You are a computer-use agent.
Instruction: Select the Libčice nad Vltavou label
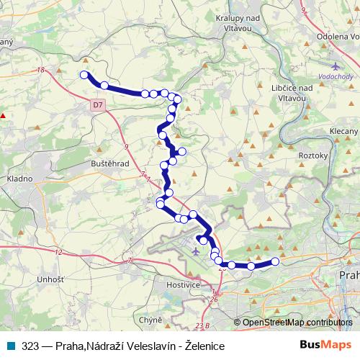tap(292, 92)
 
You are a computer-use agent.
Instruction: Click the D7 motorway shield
tap(98, 105)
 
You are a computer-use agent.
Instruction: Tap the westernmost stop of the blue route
tap(84, 75)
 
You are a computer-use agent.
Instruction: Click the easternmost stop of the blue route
tap(275, 261)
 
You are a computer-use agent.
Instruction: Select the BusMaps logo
tap(321, 346)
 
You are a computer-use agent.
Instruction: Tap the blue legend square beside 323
tap(9, 346)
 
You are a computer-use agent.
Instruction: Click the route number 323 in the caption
tap(30, 346)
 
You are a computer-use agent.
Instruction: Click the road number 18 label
tap(40, 70)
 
